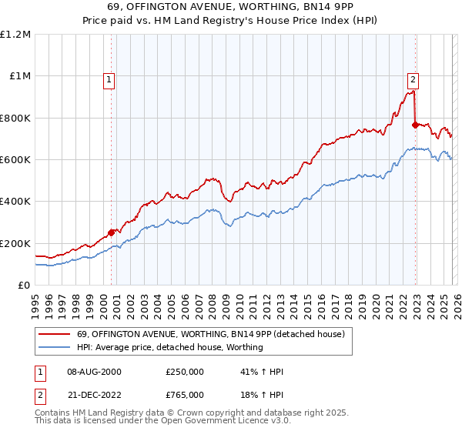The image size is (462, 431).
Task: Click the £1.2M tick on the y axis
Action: tap(15, 35)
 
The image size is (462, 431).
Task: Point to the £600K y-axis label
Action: tap(15, 160)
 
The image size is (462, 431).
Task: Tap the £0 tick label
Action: tap(24, 286)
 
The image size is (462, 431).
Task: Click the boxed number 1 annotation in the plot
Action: tap(109, 79)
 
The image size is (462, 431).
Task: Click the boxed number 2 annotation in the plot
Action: tap(413, 79)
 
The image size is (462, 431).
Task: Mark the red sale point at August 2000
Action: tap(111, 232)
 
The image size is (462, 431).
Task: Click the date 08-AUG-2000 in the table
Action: tap(94, 372)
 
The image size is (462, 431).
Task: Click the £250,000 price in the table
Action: tap(185, 372)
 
